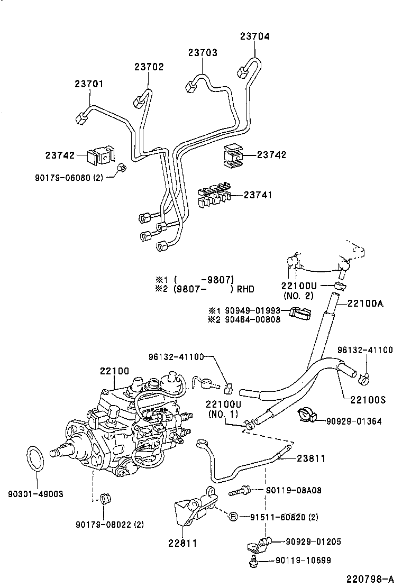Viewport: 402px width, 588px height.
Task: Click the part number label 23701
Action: coord(89,84)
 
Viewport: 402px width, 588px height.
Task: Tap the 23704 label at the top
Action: coord(254,36)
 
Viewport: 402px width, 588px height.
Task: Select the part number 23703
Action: coord(203,53)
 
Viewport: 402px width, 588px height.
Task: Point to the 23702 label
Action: coord(149,67)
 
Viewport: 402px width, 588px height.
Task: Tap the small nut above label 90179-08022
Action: coord(104,498)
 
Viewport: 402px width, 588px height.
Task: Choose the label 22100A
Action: coord(366,303)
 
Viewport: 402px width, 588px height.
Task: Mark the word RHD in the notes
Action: coord(245,289)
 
